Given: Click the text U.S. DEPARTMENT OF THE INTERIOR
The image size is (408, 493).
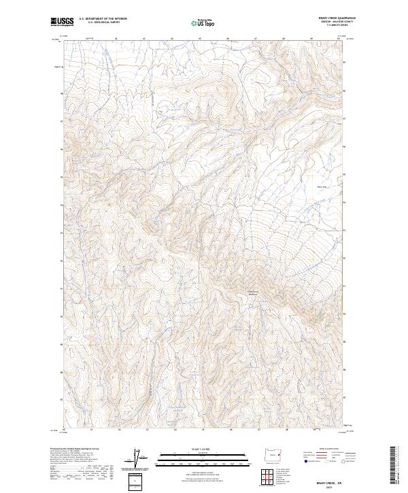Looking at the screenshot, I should pyautogui.click(x=103, y=19).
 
